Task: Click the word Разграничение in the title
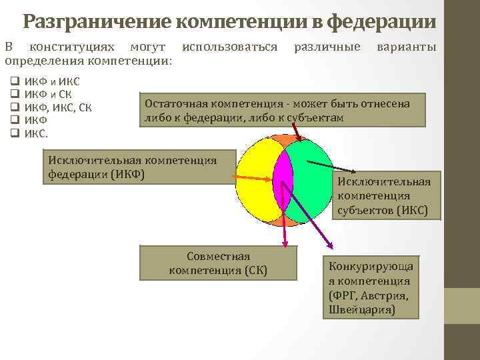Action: pyautogui.click(x=97, y=22)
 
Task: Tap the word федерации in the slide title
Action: pyautogui.click(x=382, y=22)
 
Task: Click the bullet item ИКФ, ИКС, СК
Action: pyautogui.click(x=58, y=107)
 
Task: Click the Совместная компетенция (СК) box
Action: pyautogui.click(x=218, y=263)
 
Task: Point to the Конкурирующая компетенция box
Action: pyautogui.click(x=371, y=287)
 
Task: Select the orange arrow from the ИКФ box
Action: pyautogui.click(x=253, y=177)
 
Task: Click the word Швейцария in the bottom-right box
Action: pyautogui.click(x=361, y=310)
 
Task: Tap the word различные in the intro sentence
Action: pyautogui.click(x=327, y=47)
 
